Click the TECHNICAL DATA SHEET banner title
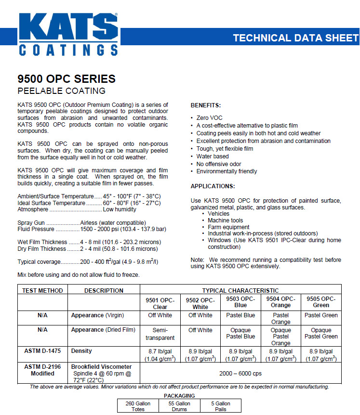pos(295,38)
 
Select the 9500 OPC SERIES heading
pos(67,79)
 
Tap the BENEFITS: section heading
pos(206,105)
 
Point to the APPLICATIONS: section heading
pos(213,186)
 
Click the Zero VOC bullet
pos(210,118)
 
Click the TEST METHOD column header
pos(42,291)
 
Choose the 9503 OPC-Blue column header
pos(240,302)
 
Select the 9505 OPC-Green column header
pos(321,302)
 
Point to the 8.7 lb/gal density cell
pos(160,355)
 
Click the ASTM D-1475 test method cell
pos(42,351)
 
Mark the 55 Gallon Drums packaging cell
pos(180,406)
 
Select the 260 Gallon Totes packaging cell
pos(138,406)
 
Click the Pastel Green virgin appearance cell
pos(321,315)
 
